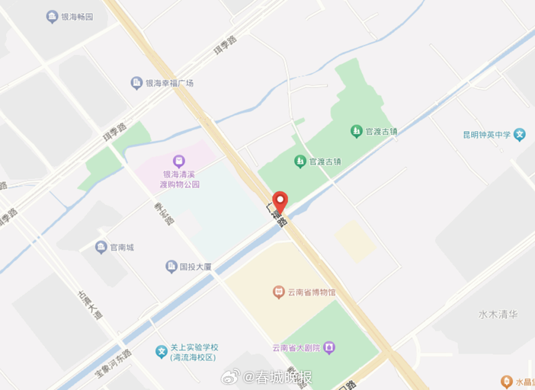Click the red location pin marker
coord(281,200)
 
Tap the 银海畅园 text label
coord(77,17)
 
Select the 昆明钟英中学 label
coord(486,135)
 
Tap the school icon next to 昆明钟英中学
coord(519,135)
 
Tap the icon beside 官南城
coord(102,247)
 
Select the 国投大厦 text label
coord(196,267)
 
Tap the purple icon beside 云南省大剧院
coord(329,348)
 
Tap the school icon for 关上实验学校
coord(161,352)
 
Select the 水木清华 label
coord(498,314)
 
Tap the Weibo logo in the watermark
coord(230,378)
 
